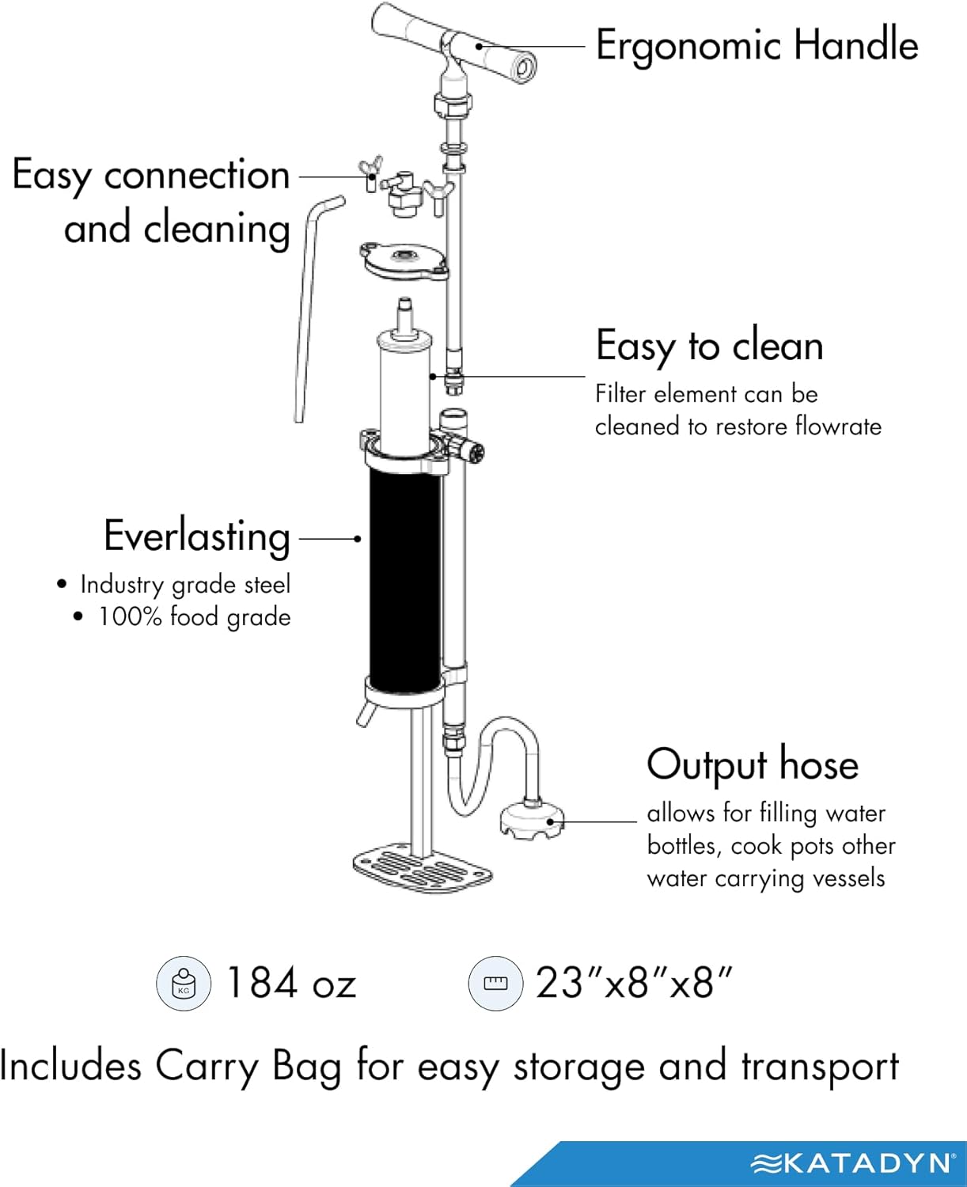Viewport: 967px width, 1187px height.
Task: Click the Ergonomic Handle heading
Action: click(757, 45)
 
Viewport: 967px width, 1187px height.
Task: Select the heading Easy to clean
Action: click(709, 346)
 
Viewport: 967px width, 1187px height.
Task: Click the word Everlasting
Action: click(197, 537)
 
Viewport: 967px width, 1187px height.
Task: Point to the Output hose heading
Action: click(752, 764)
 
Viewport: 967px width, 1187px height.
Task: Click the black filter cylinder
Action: click(404, 578)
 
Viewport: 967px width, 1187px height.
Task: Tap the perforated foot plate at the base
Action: click(422, 869)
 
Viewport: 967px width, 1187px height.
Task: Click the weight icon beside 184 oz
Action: click(184, 984)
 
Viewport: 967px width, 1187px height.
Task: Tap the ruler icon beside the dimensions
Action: click(495, 984)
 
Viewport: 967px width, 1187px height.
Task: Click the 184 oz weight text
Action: click(291, 984)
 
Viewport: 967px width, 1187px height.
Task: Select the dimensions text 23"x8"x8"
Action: click(634, 984)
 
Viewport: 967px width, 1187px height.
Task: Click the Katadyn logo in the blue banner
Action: click(852, 1162)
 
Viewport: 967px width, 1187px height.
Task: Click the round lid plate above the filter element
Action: click(404, 260)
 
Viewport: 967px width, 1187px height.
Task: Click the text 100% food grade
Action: click(194, 617)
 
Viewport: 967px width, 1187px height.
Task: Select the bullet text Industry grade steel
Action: click(185, 585)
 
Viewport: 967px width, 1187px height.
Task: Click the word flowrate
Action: click(838, 427)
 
